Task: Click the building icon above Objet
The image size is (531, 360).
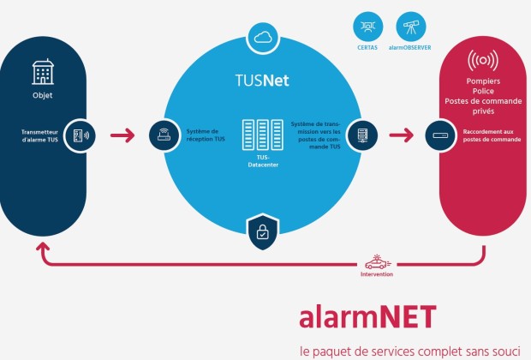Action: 42,72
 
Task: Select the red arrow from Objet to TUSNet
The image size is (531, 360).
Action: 123,135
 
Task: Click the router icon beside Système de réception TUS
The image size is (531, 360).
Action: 163,135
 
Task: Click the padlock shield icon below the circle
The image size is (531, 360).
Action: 261,230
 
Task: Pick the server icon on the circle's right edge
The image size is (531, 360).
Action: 361,135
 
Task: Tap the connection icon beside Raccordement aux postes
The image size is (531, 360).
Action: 441,135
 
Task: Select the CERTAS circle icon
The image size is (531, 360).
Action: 367,26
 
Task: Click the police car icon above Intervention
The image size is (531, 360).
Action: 376,262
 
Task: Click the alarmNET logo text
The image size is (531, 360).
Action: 367,316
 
